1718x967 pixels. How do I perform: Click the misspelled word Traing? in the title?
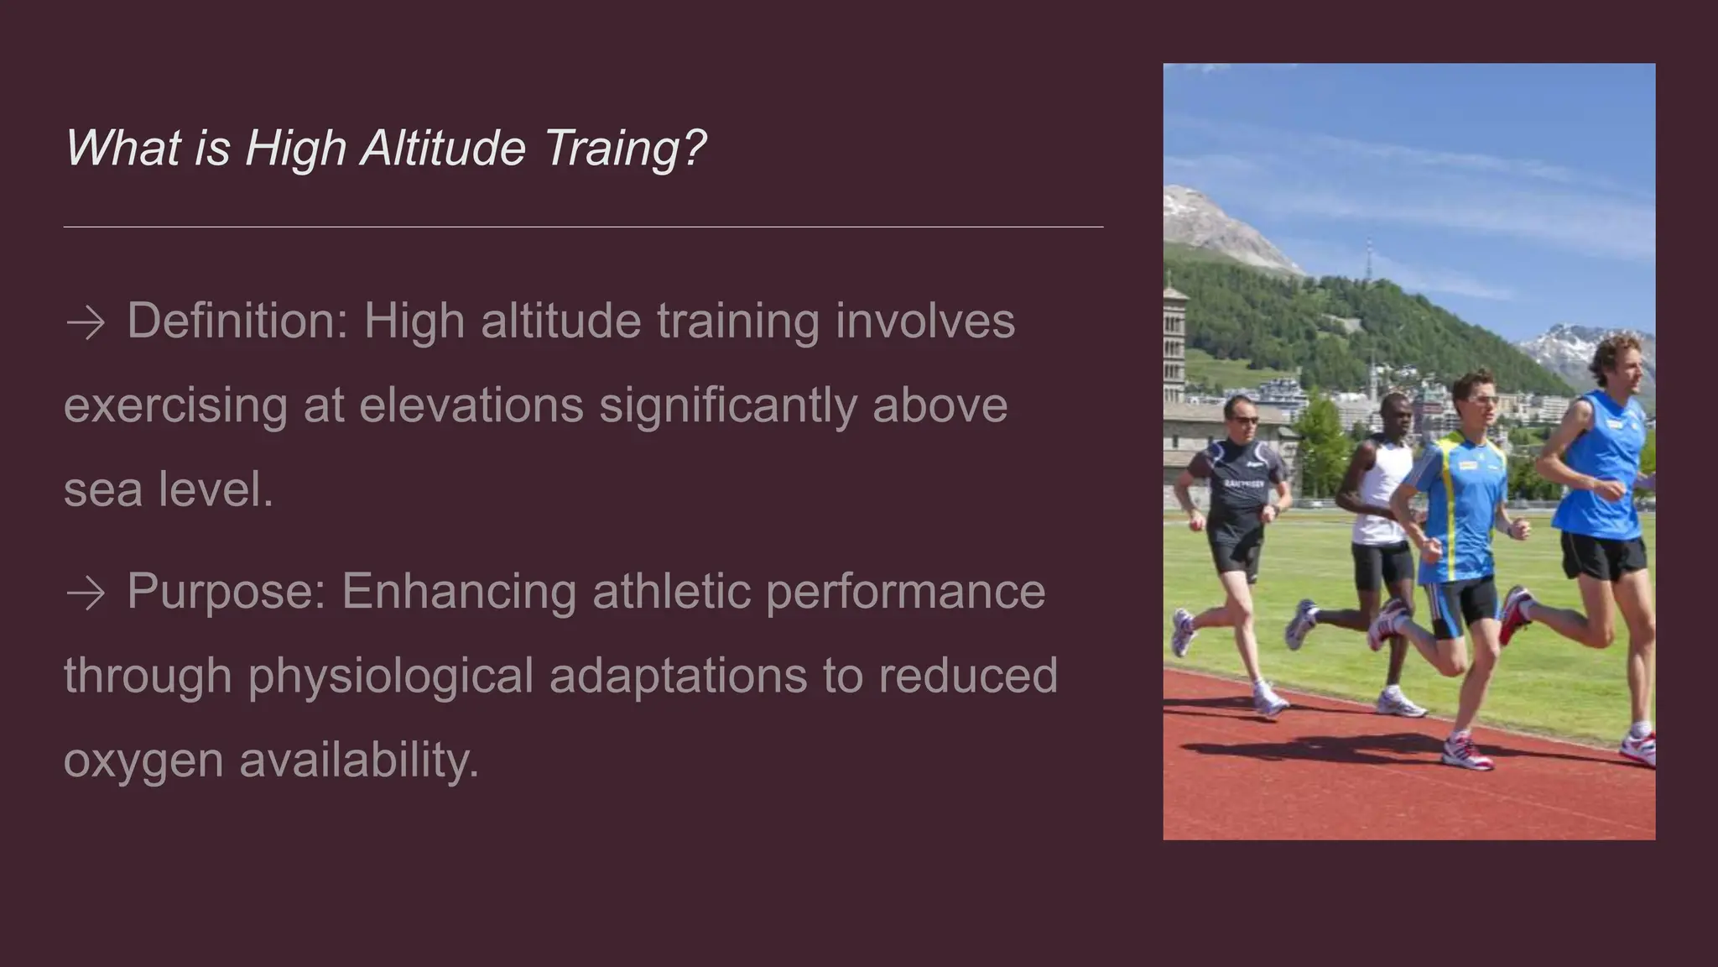pyautogui.click(x=625, y=149)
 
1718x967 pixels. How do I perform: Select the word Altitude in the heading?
pyautogui.click(x=443, y=149)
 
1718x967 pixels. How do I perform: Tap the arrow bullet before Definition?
pyautogui.click(x=85, y=323)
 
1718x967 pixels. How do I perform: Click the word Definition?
pyautogui.click(x=237, y=321)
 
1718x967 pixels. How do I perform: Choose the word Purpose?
pyautogui.click(x=226, y=592)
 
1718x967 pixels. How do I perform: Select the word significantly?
pyautogui.click(x=727, y=406)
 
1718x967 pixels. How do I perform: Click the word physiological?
pyautogui.click(x=390, y=677)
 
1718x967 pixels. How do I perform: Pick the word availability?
pyautogui.click(x=359, y=761)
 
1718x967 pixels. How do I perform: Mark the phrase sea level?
pyautogui.click(x=169, y=490)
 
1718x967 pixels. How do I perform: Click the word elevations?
pyautogui.click(x=471, y=406)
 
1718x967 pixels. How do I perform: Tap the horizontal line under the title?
pyautogui.click(x=583, y=227)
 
